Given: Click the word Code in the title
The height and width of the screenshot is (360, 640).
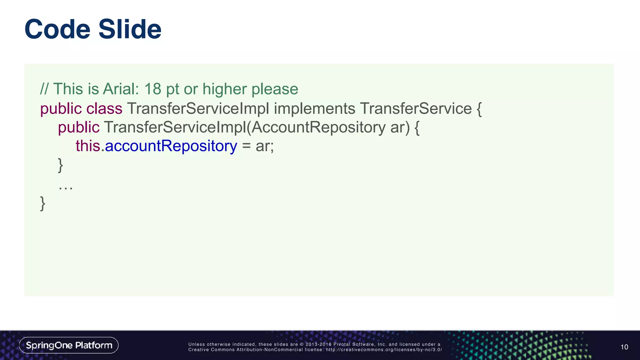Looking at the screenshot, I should (57, 29).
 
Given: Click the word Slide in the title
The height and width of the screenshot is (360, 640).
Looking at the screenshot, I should (130, 29).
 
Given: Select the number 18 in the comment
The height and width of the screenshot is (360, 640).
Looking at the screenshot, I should (152, 89).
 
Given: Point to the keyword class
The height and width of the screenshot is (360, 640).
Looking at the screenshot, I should (104, 109).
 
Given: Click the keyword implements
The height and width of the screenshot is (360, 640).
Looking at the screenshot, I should (314, 109).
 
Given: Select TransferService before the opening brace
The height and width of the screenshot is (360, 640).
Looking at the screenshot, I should (416, 109).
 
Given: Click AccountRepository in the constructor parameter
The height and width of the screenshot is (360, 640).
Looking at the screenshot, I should (318, 127).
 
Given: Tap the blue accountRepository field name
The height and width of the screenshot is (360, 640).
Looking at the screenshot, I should (171, 146).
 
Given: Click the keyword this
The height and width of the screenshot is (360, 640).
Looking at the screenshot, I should (87, 146).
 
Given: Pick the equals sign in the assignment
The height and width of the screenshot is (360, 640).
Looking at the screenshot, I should (246, 146).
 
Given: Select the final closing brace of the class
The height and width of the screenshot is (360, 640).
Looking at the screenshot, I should (43, 203).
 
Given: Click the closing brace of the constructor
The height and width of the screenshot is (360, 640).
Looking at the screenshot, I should (61, 165).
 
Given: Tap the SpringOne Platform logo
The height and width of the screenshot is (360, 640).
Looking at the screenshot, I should (69, 345).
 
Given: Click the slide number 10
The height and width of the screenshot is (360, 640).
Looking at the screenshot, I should (624, 347).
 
